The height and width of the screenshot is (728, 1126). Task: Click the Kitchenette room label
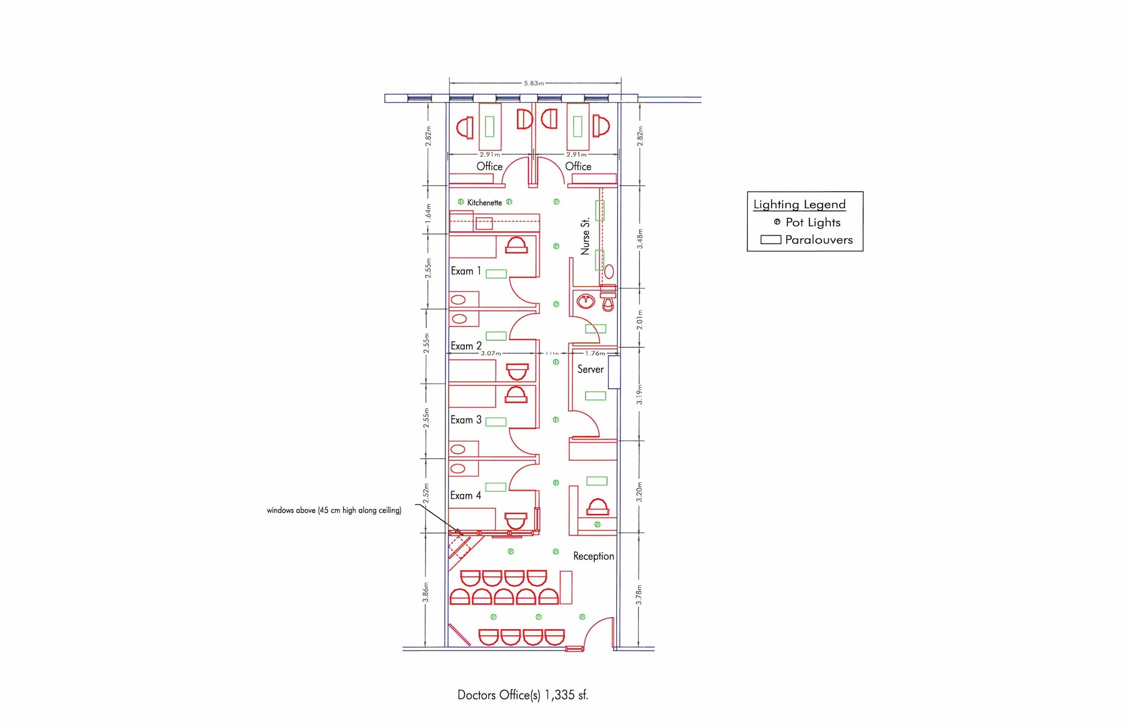tap(484, 203)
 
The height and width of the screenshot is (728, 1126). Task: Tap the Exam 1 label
tap(466, 271)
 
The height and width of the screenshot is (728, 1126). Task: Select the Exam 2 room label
tap(466, 346)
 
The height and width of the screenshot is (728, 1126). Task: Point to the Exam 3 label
tap(466, 420)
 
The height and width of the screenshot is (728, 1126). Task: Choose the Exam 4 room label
tap(465, 496)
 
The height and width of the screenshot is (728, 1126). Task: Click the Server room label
tap(590, 369)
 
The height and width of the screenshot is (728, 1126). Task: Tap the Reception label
tap(593, 556)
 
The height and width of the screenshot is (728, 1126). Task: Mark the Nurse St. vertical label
tap(585, 236)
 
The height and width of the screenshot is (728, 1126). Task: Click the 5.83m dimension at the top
tap(533, 84)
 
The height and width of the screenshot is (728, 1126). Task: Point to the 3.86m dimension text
tap(426, 592)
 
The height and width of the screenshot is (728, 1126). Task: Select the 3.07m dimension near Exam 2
tap(491, 353)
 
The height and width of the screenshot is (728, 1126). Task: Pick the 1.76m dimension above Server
tap(594, 353)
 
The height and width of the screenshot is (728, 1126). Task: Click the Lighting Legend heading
tap(799, 204)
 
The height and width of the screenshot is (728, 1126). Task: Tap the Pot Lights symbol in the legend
tap(777, 222)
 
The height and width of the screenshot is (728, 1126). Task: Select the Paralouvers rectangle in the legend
tap(770, 240)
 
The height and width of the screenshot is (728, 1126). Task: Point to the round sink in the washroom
tap(586, 301)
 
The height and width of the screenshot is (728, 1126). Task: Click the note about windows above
tap(334, 510)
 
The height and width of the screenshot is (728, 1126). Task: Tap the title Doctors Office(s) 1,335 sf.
tap(522, 695)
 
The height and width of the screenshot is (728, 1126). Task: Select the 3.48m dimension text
tap(639, 238)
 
